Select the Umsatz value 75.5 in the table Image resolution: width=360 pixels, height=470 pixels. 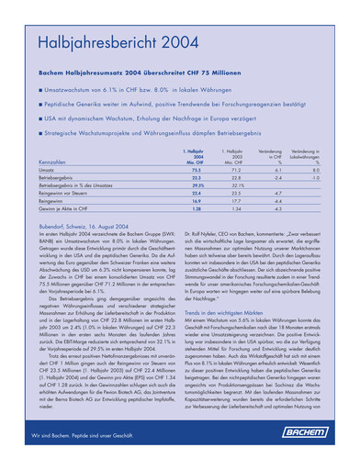(196, 170)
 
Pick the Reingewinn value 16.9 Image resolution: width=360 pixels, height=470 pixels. (196, 202)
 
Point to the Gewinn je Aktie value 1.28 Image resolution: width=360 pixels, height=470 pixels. (196, 209)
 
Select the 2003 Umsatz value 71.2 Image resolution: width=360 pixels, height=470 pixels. (236, 170)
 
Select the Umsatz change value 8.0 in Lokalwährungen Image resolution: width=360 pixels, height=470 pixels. (315, 170)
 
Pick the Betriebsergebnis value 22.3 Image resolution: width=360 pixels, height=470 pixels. (196, 178)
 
